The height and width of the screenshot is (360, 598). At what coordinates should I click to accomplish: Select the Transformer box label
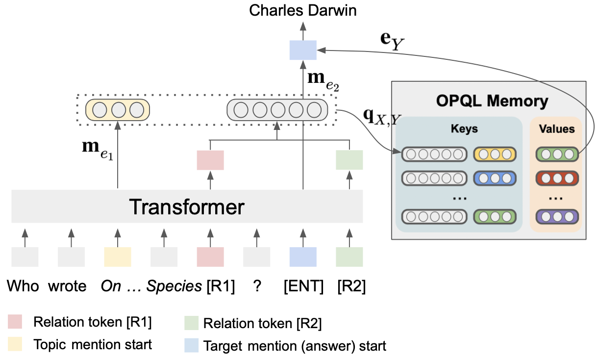187,207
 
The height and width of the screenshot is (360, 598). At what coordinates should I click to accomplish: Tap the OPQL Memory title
492,101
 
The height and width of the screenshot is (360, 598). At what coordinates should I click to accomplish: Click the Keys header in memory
464,129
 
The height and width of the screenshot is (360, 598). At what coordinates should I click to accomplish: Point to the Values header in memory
556,129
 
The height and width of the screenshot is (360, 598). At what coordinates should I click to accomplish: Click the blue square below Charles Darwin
303,50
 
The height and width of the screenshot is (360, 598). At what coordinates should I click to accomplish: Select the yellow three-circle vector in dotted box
118,110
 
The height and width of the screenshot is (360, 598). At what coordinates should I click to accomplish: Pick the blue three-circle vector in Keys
495,178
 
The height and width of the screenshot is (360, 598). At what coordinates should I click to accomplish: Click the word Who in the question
23,286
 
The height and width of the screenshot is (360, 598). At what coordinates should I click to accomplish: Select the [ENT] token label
303,286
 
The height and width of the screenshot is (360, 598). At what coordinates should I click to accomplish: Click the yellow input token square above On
118,257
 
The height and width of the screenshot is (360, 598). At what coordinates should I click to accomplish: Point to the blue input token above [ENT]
303,257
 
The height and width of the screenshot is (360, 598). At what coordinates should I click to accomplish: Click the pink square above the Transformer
210,160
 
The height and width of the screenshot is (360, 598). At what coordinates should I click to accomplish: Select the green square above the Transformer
349,160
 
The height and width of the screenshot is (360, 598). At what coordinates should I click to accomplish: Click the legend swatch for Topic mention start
15,345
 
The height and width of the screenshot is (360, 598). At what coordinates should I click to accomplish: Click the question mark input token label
256,286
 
